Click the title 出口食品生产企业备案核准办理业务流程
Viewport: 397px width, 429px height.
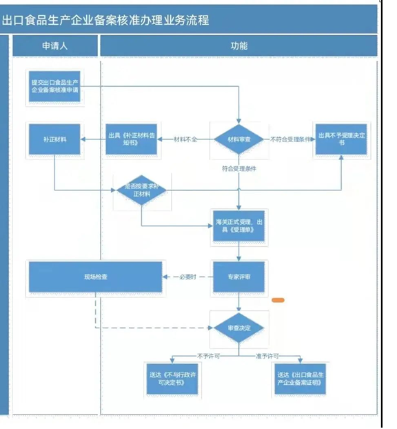pos(105,20)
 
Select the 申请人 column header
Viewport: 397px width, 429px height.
pos(54,46)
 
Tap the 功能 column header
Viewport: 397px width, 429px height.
pos(238,46)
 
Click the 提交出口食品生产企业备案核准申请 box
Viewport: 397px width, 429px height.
pos(54,86)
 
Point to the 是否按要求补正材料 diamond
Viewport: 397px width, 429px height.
pos(141,190)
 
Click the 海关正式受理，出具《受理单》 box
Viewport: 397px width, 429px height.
pos(238,226)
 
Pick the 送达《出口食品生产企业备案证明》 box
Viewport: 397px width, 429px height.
pos(298,379)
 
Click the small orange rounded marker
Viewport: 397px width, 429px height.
pos(279,300)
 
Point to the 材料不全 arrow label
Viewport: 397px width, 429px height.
pos(185,139)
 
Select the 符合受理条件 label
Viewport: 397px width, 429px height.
pos(238,168)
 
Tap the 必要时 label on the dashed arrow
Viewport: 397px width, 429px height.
pos(187,277)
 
